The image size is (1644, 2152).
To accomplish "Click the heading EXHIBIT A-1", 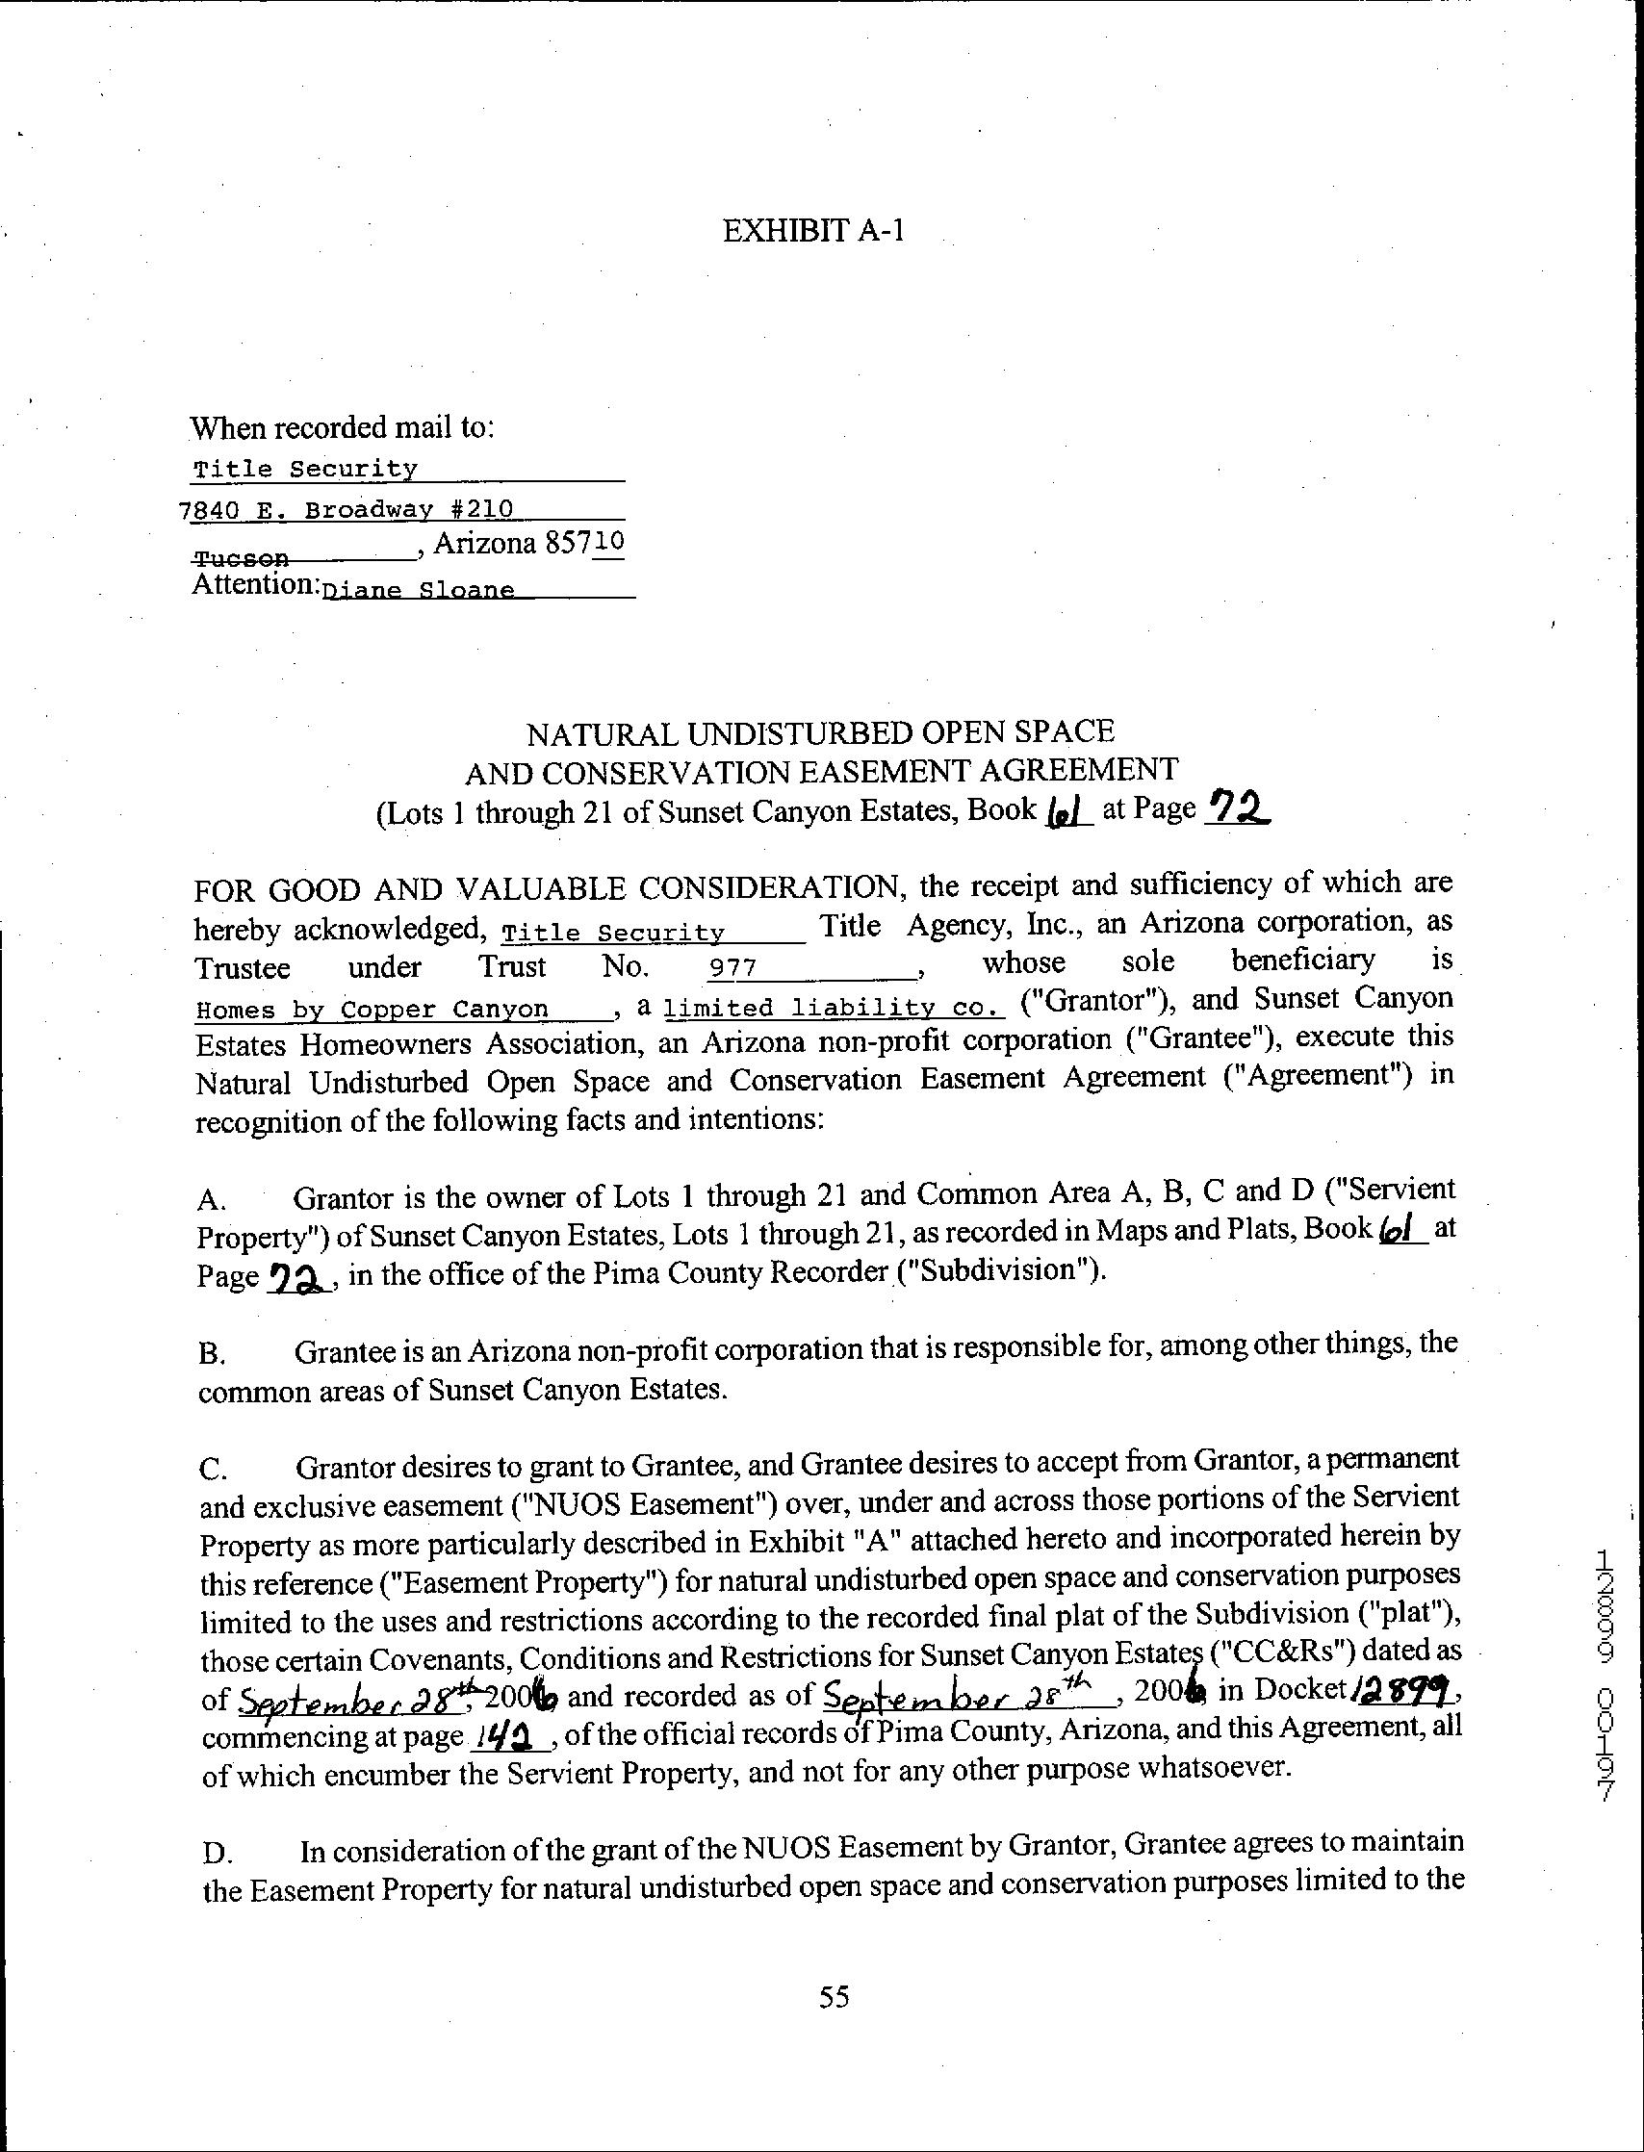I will coord(813,231).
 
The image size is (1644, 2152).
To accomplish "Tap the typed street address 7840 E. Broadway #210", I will coord(347,509).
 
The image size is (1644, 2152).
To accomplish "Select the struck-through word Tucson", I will coord(242,558).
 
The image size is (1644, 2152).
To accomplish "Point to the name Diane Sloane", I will coord(419,590).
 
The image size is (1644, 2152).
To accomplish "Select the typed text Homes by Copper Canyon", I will coord(372,1009).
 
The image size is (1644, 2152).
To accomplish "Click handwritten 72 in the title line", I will coord(1237,807).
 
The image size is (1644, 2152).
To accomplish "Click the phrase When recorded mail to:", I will coord(343,427).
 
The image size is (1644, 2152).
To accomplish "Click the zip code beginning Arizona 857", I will coord(528,543).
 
